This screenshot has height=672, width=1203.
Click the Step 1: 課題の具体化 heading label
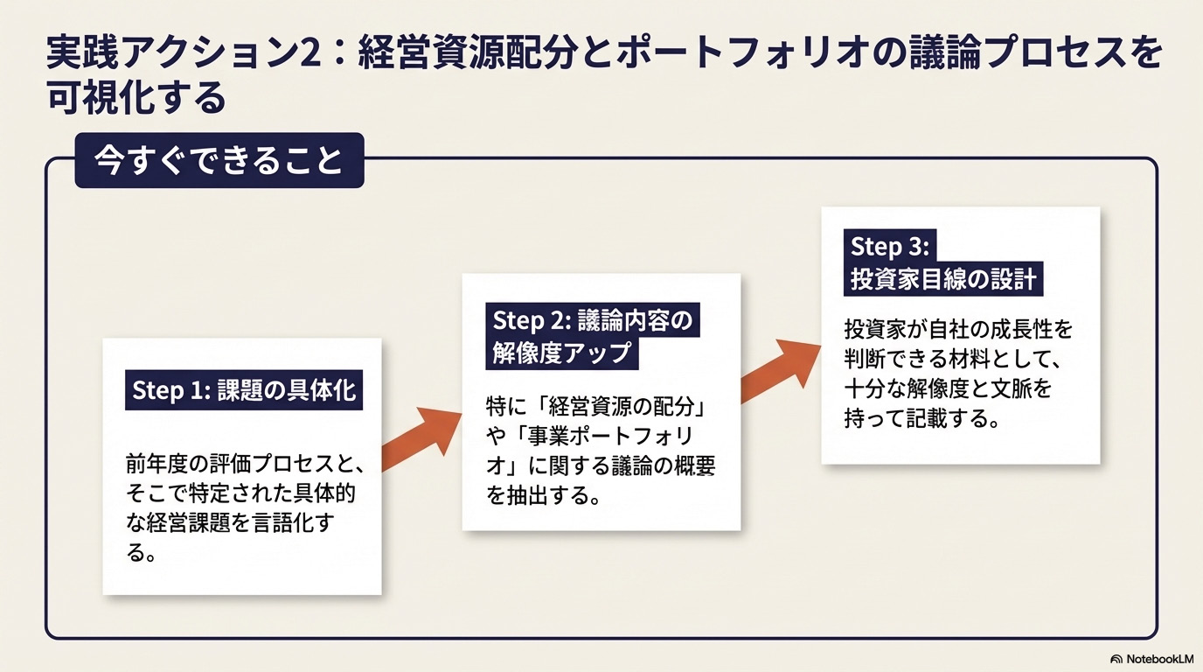244,389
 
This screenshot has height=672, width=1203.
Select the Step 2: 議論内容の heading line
592,320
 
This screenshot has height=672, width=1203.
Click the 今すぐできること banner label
219,161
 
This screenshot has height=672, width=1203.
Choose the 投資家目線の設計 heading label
943,279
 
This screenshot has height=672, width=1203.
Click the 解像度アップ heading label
560,353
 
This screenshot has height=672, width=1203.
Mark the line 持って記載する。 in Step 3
921,418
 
